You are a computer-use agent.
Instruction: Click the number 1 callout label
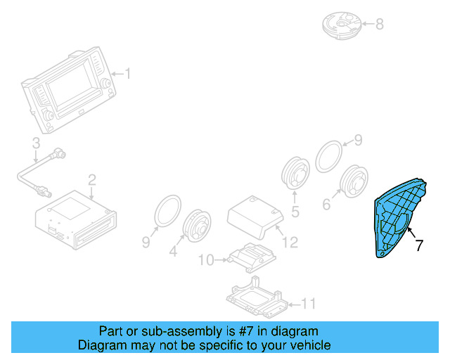pos(128,73)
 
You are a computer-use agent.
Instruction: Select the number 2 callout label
pos(91,181)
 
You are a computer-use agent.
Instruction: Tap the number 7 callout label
pos(419,245)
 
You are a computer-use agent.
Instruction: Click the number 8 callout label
pos(379,25)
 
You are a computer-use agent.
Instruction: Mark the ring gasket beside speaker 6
pos(328,155)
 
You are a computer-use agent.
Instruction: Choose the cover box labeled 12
pos(254,214)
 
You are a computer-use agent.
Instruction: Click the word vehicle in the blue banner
pos(308,346)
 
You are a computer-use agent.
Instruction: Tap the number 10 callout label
pos(205,261)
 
